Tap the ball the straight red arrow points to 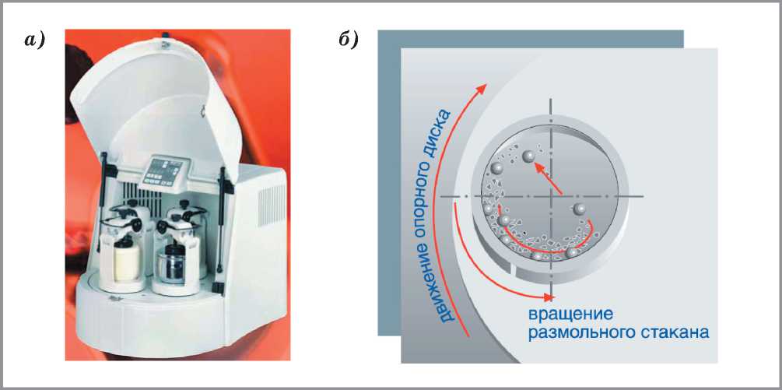point(527,158)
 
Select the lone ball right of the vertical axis point(578,209)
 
